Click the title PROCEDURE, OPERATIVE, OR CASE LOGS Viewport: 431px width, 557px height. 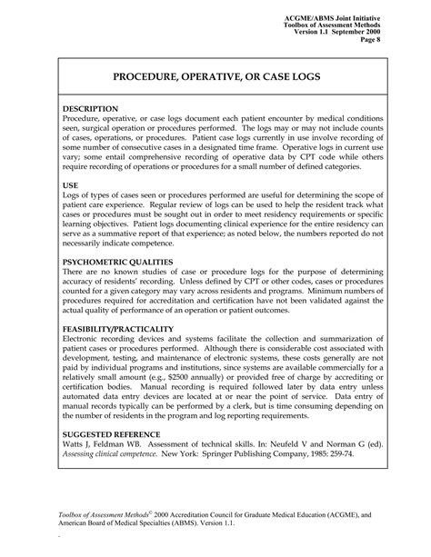[215, 79]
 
